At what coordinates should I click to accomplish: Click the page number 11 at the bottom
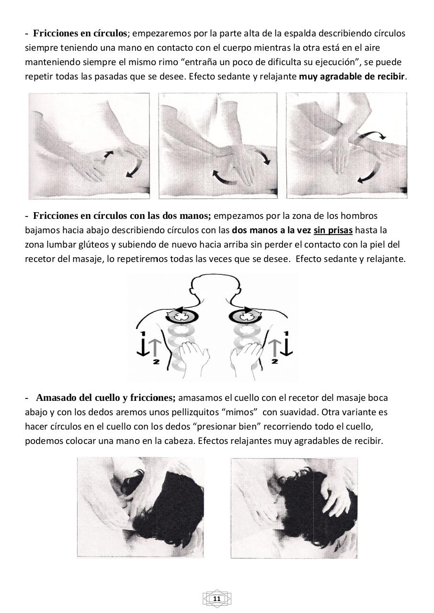(217, 599)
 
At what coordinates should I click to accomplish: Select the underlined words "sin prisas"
(333, 230)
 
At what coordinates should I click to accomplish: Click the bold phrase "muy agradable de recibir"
(353, 77)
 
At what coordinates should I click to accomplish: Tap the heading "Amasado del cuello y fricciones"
(106, 397)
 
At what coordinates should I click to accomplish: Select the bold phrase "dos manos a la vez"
(271, 230)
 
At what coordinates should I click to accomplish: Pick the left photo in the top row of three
(89, 146)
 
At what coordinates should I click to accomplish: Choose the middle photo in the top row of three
(218, 146)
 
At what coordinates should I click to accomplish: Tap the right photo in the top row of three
(347, 146)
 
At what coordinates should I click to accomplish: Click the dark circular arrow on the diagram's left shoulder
(182, 316)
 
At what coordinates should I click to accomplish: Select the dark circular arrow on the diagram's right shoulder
(245, 316)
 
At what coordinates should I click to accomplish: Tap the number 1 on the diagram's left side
(142, 333)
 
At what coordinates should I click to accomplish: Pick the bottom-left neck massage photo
(140, 508)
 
